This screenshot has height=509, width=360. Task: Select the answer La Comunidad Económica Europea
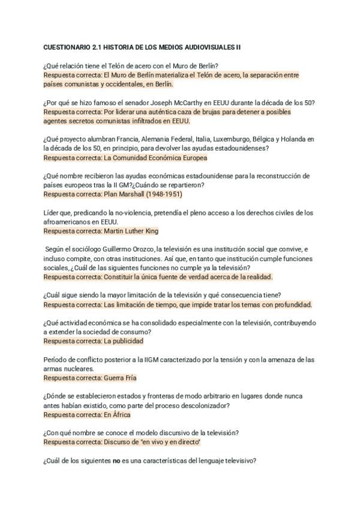pos(155,158)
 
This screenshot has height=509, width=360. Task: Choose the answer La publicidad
pos(124,341)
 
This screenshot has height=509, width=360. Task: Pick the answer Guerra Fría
pos(120,378)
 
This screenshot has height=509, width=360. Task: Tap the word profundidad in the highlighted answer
pos(290,304)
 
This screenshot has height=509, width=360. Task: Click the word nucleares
pos(74,369)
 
